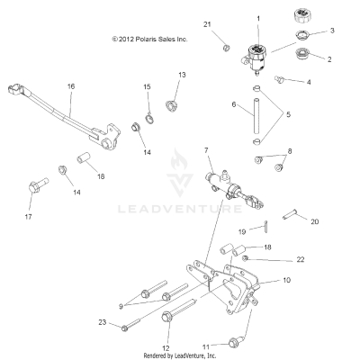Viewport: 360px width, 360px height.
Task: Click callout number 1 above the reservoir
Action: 258,18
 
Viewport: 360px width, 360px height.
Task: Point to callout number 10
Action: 287,280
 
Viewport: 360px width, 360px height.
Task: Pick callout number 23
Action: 103,321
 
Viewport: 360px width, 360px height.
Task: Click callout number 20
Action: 314,220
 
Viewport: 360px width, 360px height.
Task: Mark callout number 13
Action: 181,75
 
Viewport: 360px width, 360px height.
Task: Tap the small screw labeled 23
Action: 125,327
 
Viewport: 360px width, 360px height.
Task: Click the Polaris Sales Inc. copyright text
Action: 148,40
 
